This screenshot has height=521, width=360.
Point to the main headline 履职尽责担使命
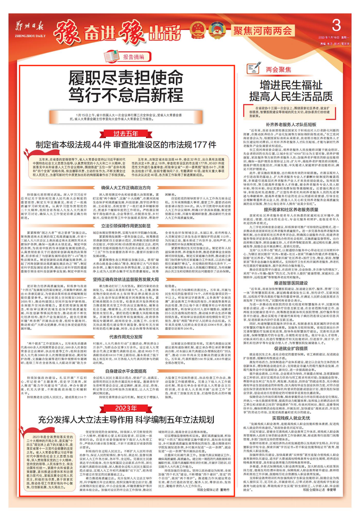(123, 78)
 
